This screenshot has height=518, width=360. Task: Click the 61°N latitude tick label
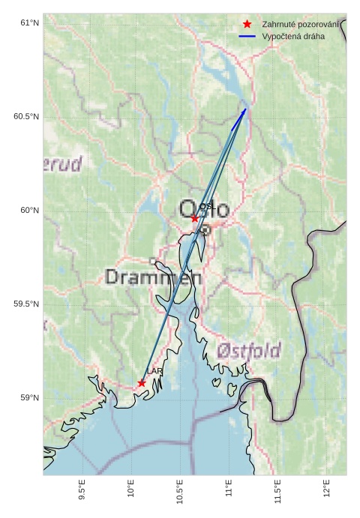pos(28,23)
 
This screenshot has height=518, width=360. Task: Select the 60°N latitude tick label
pos(28,211)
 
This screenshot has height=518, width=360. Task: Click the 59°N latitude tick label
pos(28,398)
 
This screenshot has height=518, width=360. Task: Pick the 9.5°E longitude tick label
pos(82,490)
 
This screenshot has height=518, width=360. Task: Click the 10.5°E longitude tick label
pos(179,490)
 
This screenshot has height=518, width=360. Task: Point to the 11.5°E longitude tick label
pos(277,490)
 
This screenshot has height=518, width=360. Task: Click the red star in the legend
pos(247,25)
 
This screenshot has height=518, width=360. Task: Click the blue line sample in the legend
pos(247,36)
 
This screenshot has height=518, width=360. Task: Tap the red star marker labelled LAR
pos(142,383)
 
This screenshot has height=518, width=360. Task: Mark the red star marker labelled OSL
pos(194,218)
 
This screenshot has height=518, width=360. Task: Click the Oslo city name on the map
pos(204,209)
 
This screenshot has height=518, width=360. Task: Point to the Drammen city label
pos(153,277)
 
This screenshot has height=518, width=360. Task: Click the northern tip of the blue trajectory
pos(245,109)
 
